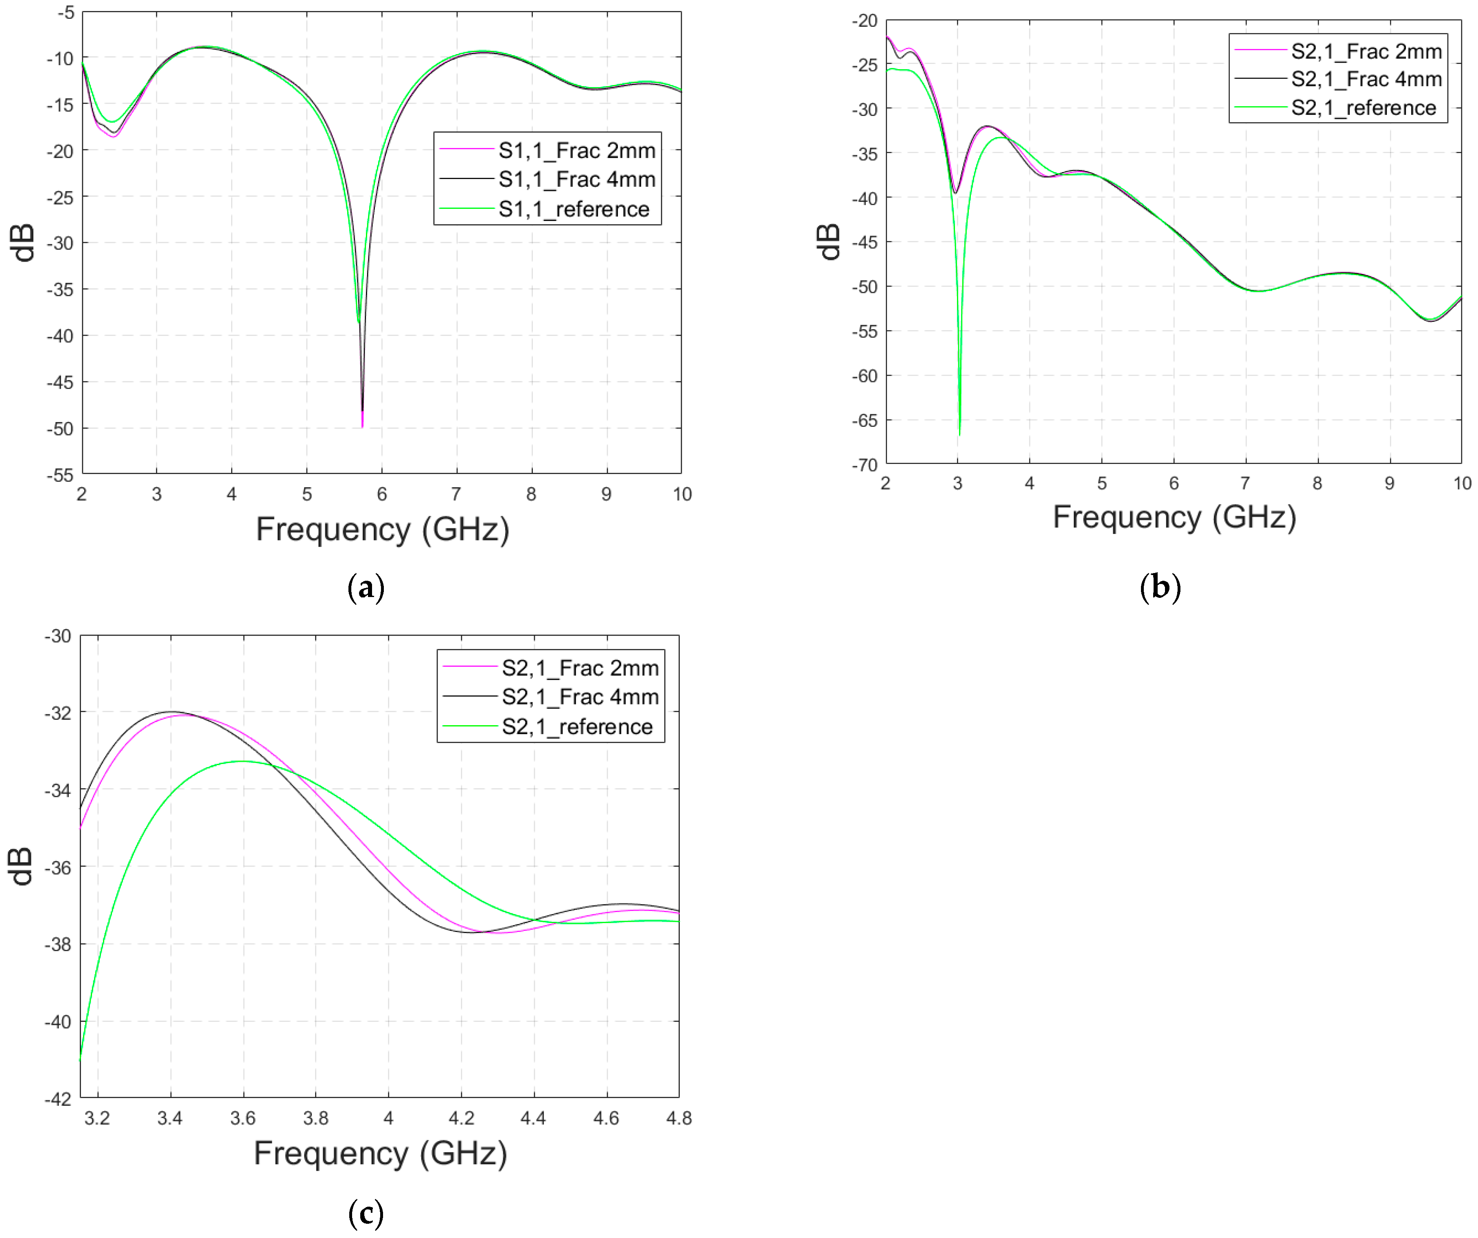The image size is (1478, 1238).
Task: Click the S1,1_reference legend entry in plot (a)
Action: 574,209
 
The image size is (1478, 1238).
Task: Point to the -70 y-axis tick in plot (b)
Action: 865,464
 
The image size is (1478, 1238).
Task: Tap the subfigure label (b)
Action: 1160,587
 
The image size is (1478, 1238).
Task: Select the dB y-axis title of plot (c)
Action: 22,866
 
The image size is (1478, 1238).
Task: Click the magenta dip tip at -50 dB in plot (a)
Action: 362,426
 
